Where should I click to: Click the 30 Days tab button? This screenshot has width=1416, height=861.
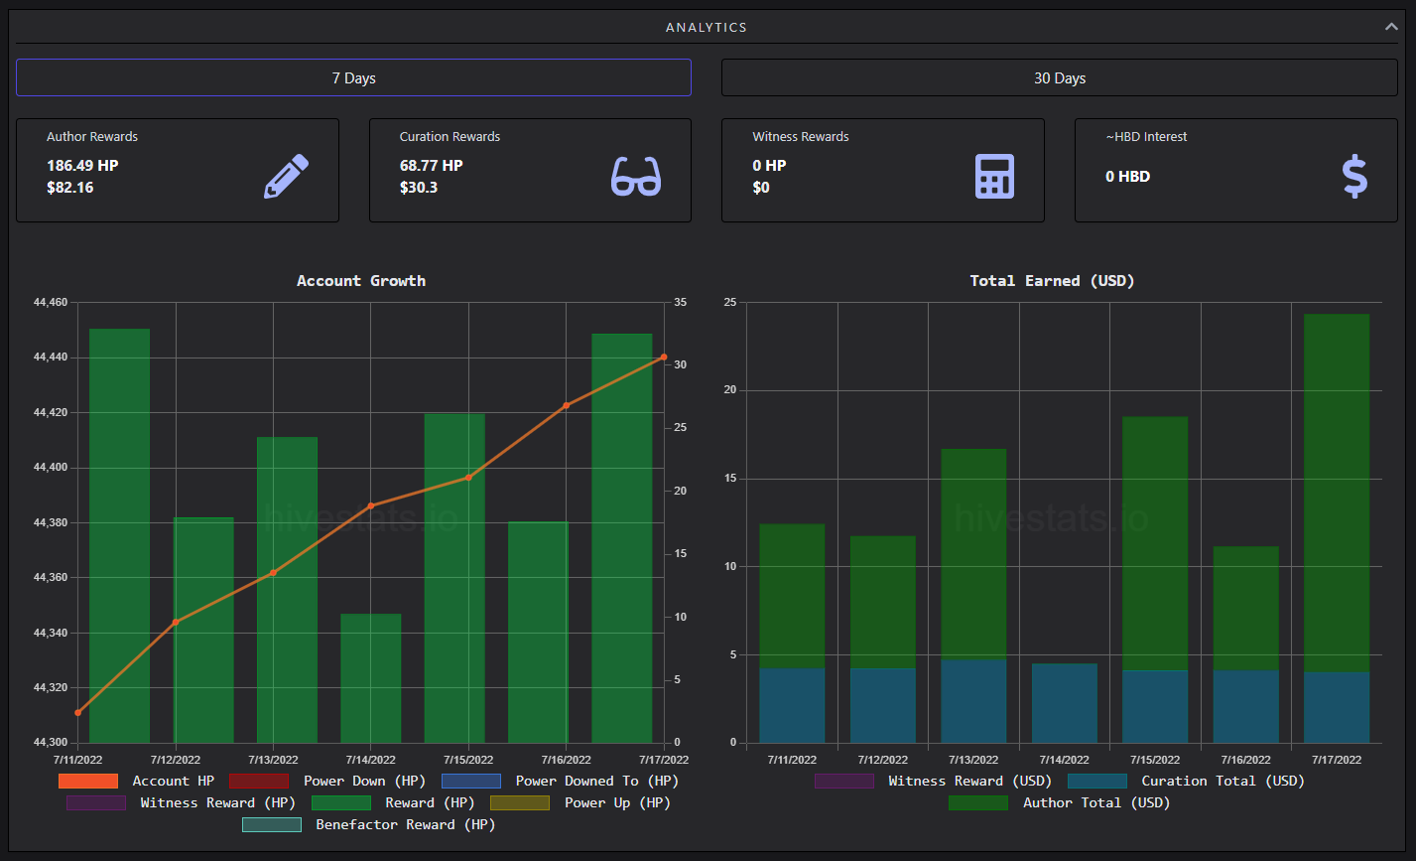click(x=1060, y=77)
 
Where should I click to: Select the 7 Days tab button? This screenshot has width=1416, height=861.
click(x=353, y=77)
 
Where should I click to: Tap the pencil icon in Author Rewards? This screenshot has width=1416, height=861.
click(x=287, y=176)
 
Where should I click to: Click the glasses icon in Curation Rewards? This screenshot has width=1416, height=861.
click(x=636, y=176)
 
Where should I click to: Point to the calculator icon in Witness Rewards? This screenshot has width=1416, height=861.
click(x=994, y=176)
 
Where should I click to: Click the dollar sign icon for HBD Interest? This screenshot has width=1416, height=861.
click(x=1354, y=176)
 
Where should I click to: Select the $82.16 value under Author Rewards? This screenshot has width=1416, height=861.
click(x=70, y=188)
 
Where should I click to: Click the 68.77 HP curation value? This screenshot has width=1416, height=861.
click(x=431, y=166)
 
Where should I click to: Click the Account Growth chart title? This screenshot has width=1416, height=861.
click(x=361, y=281)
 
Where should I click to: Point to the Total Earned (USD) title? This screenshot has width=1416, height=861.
click(x=1052, y=281)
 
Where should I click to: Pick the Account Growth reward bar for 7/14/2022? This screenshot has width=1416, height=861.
click(x=371, y=677)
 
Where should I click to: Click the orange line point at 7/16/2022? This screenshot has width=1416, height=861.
click(x=567, y=405)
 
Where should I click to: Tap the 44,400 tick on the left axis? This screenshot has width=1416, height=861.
click(x=51, y=468)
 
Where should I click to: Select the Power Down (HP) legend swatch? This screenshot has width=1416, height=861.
click(x=259, y=782)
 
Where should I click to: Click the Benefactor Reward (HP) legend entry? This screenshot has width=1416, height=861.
click(x=369, y=825)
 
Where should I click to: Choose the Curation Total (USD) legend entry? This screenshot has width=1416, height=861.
click(x=1186, y=782)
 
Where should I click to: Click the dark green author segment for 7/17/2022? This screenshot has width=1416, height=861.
click(x=1337, y=493)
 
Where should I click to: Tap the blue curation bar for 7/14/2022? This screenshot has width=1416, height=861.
click(x=1065, y=703)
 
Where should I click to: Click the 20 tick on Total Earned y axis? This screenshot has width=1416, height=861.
click(x=730, y=389)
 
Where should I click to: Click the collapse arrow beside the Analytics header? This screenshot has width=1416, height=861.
click(x=1391, y=27)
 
